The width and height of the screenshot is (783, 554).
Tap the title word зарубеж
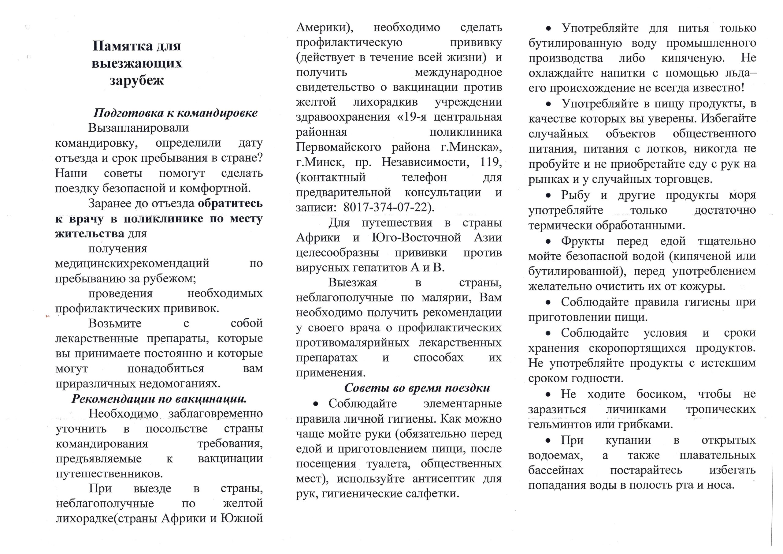[137, 80]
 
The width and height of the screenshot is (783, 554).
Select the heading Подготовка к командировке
[175, 113]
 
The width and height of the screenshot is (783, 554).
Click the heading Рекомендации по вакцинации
[159, 399]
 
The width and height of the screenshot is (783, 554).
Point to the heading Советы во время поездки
[417, 388]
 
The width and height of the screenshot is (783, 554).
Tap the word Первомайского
[338, 147]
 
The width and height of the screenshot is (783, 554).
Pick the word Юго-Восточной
[416, 238]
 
